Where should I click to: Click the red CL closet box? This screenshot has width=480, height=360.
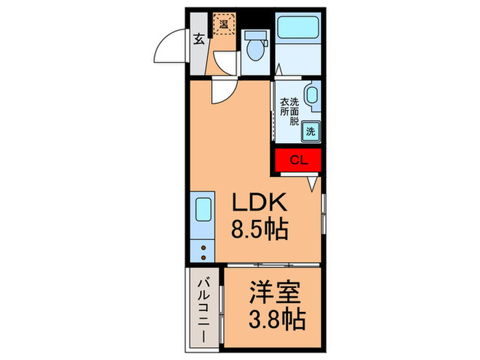coord(298,161)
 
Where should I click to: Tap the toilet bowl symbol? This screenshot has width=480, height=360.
coord(256,49)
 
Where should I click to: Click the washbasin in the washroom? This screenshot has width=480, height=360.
coord(312,97)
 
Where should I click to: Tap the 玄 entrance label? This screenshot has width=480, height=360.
coord(198,39)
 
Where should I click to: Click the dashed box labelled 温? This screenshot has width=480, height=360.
coord(224,25)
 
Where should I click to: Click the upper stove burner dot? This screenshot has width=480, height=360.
coord(204,247)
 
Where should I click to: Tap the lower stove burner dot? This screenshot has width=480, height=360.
coord(204,256)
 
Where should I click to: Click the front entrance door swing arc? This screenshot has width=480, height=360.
coord(168,48)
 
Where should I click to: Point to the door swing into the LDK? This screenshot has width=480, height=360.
coord(223,89)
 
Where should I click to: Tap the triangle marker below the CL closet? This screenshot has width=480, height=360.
coord(312,183)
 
